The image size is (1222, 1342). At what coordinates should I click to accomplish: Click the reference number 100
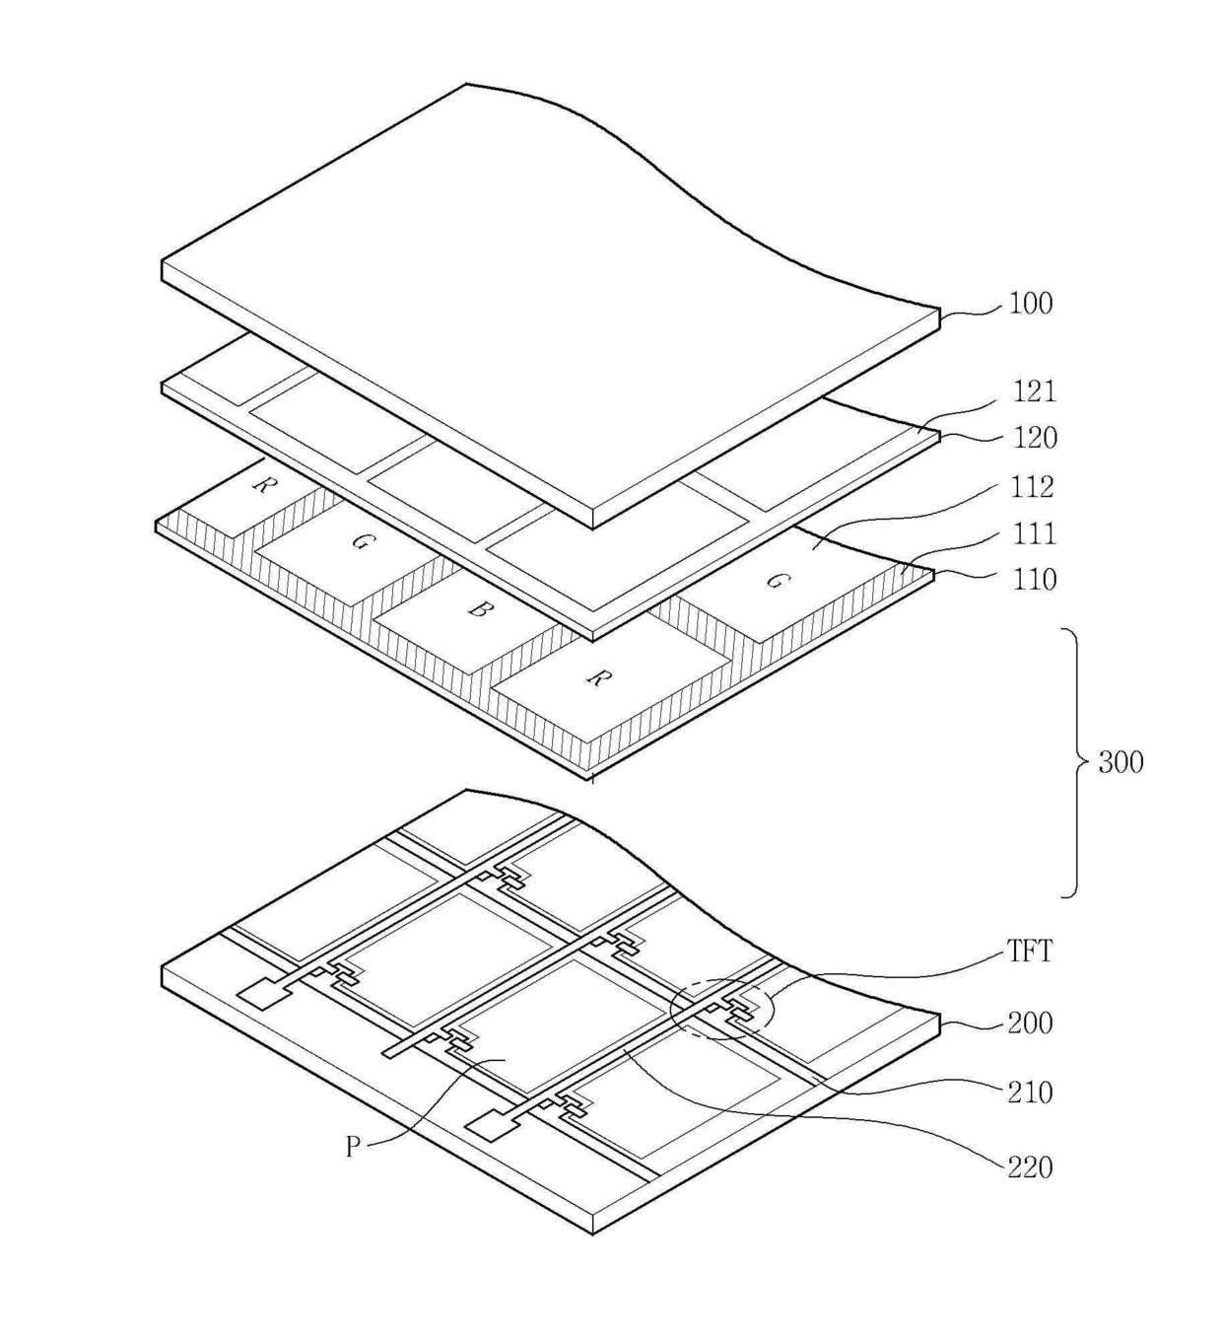point(1031,304)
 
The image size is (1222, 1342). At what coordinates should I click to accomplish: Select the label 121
point(1034,391)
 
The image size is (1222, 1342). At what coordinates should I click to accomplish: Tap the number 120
point(1034,437)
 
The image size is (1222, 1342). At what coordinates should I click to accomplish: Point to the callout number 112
point(1032,486)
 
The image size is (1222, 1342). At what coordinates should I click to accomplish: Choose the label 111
point(1034,533)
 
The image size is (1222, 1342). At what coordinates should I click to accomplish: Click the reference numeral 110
point(1034,579)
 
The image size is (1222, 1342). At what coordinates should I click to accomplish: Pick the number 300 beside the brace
point(1120,762)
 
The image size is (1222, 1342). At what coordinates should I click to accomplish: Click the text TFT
point(1030,952)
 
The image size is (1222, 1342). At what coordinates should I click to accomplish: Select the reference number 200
point(1030,1024)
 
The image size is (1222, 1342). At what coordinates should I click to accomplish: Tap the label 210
point(1030,1093)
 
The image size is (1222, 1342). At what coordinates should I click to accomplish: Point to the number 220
point(1030,1167)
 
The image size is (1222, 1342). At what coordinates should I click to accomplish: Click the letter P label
point(353,1147)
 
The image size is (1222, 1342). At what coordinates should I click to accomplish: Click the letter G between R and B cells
point(361,541)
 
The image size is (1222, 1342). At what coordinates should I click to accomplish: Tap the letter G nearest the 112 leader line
point(777,581)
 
